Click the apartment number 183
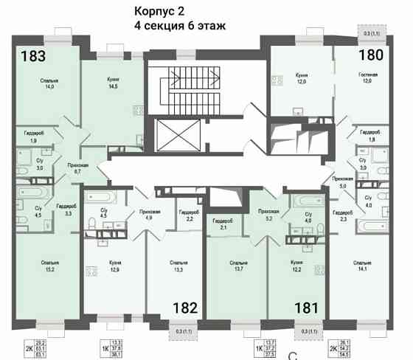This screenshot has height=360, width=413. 33,57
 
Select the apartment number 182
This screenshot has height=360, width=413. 184,308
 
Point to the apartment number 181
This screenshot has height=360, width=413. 307,308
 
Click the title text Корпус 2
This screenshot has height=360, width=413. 160,11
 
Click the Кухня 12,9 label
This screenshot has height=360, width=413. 113,266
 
